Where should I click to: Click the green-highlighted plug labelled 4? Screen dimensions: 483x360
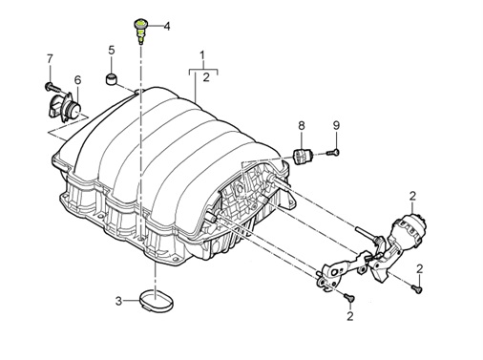[x=139, y=31]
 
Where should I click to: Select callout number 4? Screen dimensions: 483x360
[x=167, y=26]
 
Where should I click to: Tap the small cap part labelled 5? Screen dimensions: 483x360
[x=111, y=79]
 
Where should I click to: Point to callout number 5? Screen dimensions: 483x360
[x=111, y=50]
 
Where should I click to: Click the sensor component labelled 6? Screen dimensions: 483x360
[x=65, y=107]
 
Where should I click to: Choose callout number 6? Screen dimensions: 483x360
[x=77, y=80]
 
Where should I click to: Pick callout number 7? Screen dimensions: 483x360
[x=50, y=59]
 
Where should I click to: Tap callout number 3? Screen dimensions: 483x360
[x=118, y=301]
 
